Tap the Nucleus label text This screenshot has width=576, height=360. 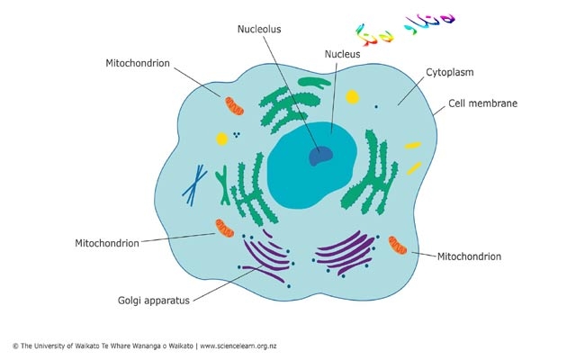pos(342,54)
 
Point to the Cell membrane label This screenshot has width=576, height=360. pos(483,103)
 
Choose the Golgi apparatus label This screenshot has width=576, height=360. pos(154,301)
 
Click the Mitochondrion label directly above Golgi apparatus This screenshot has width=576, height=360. pos(107,243)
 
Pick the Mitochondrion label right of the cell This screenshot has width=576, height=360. pos(469,256)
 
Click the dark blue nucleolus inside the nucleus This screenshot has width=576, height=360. pos(319,156)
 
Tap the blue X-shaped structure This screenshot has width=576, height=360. pos(194,184)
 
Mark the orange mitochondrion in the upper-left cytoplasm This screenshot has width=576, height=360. pos(234,106)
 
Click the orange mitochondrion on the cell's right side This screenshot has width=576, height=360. pos(397,245)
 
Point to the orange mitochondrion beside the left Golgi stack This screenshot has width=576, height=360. pos(224,229)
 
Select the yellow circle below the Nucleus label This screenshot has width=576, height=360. pos(353,96)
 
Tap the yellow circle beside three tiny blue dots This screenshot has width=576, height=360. pos(221,139)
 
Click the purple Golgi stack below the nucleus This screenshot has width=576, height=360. pos(343,252)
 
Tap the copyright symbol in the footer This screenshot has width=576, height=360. pos(14,346)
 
